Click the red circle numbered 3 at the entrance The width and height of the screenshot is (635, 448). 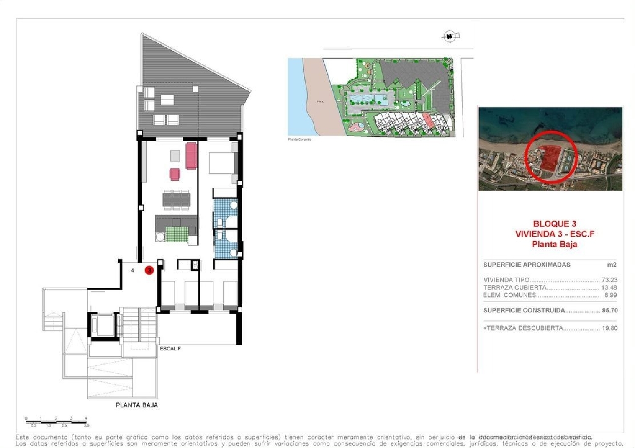tap(149, 270)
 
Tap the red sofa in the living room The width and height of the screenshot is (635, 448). tap(191, 155)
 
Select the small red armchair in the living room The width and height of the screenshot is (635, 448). tap(175, 174)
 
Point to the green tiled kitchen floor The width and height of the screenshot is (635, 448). tap(177, 234)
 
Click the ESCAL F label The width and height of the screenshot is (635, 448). tap(170, 349)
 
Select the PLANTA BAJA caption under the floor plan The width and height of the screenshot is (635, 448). tap(137, 405)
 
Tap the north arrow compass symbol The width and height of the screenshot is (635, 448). tap(450, 36)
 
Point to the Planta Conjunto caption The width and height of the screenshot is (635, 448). tap(299, 139)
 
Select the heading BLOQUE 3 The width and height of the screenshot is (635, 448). tap(554, 224)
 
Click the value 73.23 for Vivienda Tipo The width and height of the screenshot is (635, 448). tap(609, 280)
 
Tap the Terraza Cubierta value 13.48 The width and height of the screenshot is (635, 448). tap(609, 287)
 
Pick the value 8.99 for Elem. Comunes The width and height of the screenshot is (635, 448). tap(610, 295)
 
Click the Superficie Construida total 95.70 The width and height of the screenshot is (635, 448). tap(610, 310)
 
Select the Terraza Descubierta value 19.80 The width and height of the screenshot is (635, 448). tap(610, 328)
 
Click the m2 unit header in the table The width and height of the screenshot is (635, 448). tap(611, 265)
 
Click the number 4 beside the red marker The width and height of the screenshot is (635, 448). tap(133, 270)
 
